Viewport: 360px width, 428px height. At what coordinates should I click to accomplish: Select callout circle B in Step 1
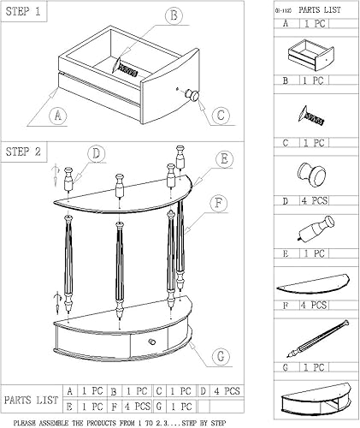click(x=174, y=16)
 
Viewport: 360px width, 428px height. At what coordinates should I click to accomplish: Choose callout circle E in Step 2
click(x=223, y=159)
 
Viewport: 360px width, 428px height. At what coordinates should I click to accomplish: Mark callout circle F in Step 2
click(x=220, y=203)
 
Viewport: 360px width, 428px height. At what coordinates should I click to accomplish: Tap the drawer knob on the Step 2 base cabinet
click(x=152, y=342)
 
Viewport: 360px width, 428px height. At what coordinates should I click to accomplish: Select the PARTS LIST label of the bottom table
click(x=32, y=399)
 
